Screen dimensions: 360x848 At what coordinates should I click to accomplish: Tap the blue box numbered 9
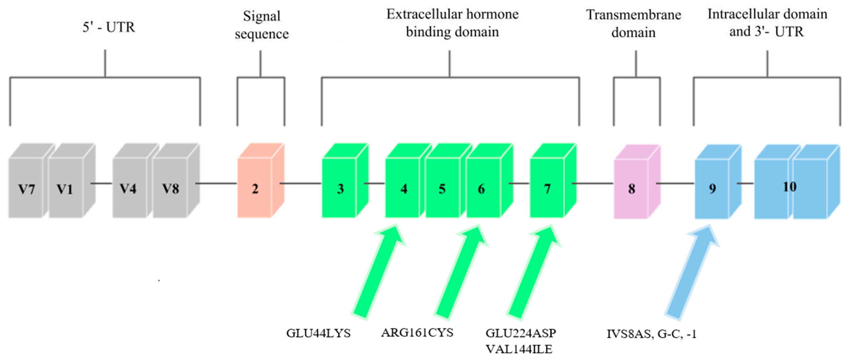[x=712, y=188]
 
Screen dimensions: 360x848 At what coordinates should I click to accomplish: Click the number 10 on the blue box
[x=789, y=187]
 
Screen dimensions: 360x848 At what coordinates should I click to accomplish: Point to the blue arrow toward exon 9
[x=691, y=273]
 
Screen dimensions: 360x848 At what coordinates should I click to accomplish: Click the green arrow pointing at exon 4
[x=378, y=273]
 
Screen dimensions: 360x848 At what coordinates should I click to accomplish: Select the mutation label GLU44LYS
[x=318, y=333]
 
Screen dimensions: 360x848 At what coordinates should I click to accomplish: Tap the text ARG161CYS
[x=417, y=333]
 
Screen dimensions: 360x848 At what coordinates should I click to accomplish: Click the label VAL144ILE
[x=519, y=349]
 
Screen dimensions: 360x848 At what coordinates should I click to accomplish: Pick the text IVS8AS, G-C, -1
[x=651, y=334]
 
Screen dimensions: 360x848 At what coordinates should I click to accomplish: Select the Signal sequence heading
[x=262, y=25]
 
